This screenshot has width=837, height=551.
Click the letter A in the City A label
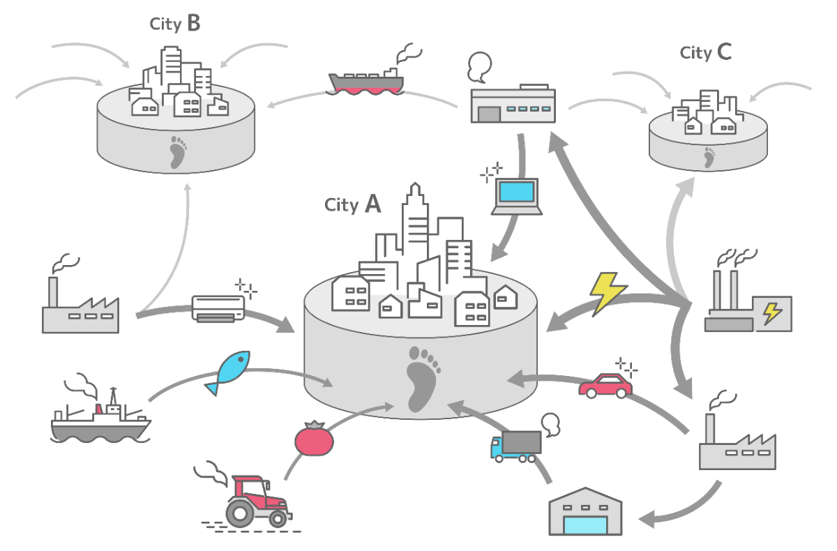click(x=373, y=204)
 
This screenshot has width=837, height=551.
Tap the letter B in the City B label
click(x=193, y=24)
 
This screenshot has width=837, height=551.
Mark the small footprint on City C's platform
click(x=709, y=158)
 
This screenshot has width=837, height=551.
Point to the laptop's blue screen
click(x=517, y=192)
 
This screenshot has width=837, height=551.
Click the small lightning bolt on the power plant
click(x=771, y=312)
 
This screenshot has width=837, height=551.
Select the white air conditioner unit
click(x=218, y=308)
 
